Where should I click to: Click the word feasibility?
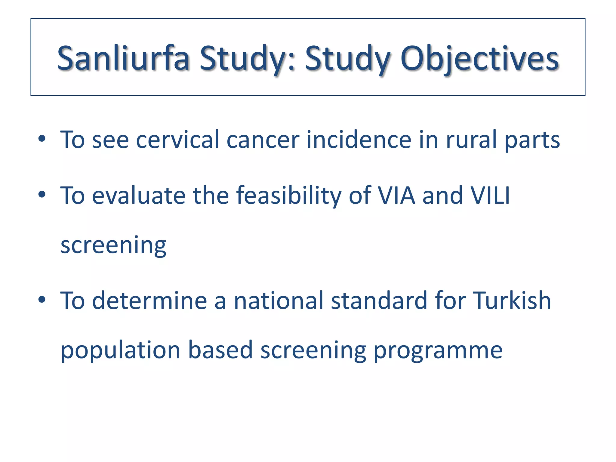[x=288, y=196]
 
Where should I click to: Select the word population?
[x=120, y=351]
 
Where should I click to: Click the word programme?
[x=438, y=351]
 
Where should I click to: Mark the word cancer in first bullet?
[x=263, y=140]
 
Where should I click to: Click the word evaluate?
[x=138, y=196]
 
